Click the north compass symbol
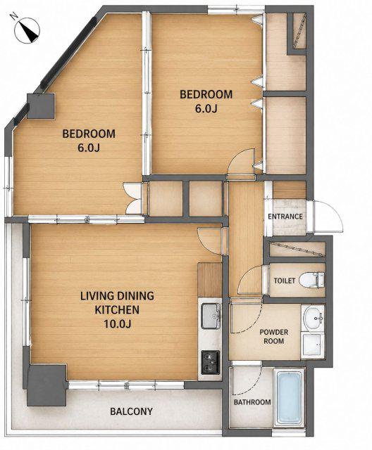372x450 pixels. pyautogui.click(x=27, y=31)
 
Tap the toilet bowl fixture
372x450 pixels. pyautogui.click(x=311, y=280)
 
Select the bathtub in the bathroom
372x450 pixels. pyautogui.click(x=289, y=397)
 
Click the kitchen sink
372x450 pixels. pyautogui.click(x=211, y=316)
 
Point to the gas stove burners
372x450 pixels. pyautogui.click(x=211, y=362)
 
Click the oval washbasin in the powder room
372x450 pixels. pyautogui.click(x=313, y=319)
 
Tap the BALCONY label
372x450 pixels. pyautogui.click(x=131, y=411)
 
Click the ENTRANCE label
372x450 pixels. pyautogui.click(x=285, y=217)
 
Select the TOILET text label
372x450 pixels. pyautogui.click(x=285, y=281)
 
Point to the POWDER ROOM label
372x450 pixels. pyautogui.click(x=273, y=336)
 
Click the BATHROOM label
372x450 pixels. pyautogui.click(x=252, y=402)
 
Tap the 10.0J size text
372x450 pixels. pyautogui.click(x=118, y=324)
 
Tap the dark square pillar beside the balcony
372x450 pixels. pyautogui.click(x=48, y=385)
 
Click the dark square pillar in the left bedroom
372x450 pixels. pyautogui.click(x=41, y=106)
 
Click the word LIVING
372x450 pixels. pyautogui.click(x=96, y=296)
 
